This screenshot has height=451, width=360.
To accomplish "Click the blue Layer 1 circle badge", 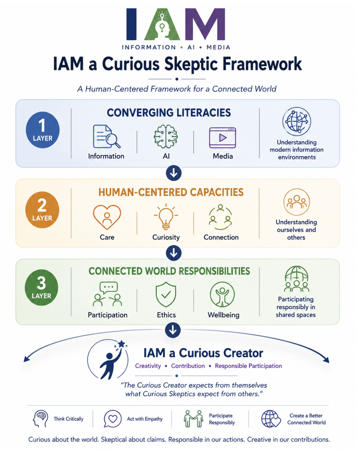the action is (42, 130).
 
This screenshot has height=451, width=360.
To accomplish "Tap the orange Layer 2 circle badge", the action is (42, 209).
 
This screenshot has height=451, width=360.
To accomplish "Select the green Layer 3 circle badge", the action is (41, 287).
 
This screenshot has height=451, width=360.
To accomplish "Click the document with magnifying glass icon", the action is (106, 136).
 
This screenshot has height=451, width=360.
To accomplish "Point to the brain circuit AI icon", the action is (166, 136).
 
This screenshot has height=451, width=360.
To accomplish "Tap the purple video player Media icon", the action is (222, 138).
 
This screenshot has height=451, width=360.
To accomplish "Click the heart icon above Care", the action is (107, 217).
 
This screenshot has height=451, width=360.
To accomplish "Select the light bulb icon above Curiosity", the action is (166, 216).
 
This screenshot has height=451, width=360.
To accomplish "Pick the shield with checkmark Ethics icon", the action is (166, 294).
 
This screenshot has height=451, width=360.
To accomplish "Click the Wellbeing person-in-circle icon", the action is (222, 294).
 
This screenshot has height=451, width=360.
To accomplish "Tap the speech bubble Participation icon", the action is (107, 294).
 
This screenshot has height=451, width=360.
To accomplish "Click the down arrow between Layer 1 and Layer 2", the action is (174, 173).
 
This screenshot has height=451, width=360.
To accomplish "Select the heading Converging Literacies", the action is (169, 112).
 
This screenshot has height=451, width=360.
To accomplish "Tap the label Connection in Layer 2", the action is (221, 237).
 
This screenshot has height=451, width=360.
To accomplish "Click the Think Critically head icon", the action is (41, 419).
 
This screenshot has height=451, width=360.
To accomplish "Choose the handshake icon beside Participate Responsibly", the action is (193, 419).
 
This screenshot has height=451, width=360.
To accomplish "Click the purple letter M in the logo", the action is (205, 24).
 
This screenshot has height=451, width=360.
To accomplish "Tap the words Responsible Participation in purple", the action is (248, 366).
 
